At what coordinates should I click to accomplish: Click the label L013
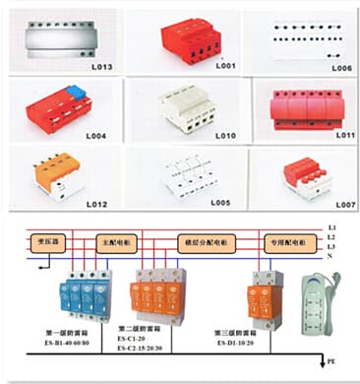(102, 67)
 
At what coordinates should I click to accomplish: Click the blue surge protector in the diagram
(84, 298)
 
